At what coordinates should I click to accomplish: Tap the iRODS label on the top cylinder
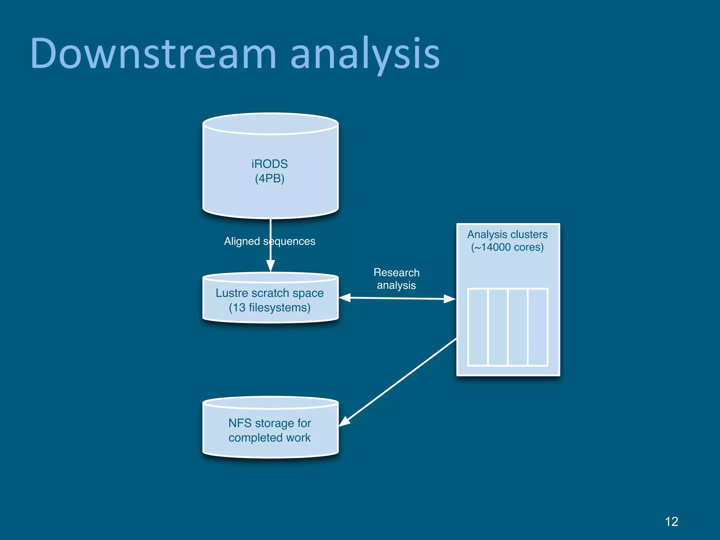point(270,164)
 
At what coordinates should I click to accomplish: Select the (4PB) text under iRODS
point(270,179)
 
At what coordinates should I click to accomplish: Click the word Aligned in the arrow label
point(242,241)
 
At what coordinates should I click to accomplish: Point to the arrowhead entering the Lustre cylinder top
point(270,266)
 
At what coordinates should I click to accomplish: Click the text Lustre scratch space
point(270,293)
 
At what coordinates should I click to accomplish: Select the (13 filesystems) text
point(270,308)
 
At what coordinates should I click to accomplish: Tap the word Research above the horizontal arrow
point(396,272)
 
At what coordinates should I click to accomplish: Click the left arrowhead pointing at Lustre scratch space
point(345,298)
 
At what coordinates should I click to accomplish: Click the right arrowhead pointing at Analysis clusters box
point(450,299)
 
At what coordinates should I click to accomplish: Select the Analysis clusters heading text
point(507,234)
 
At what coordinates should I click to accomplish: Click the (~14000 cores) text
point(507,247)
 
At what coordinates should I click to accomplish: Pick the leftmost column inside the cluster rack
point(478,327)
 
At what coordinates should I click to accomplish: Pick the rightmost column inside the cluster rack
point(538,327)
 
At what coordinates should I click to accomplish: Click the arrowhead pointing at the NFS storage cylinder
point(344,422)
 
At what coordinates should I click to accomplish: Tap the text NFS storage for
point(270,423)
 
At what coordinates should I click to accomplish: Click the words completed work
point(270,438)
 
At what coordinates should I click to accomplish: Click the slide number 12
point(671,521)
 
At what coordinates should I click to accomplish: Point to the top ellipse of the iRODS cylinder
point(270,124)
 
